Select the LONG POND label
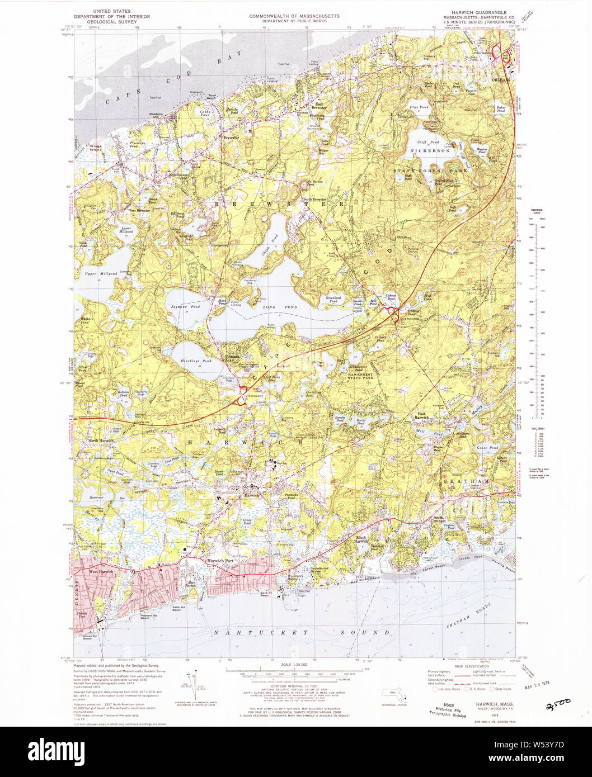click(284, 307)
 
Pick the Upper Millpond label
click(101, 273)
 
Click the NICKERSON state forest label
click(430, 151)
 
